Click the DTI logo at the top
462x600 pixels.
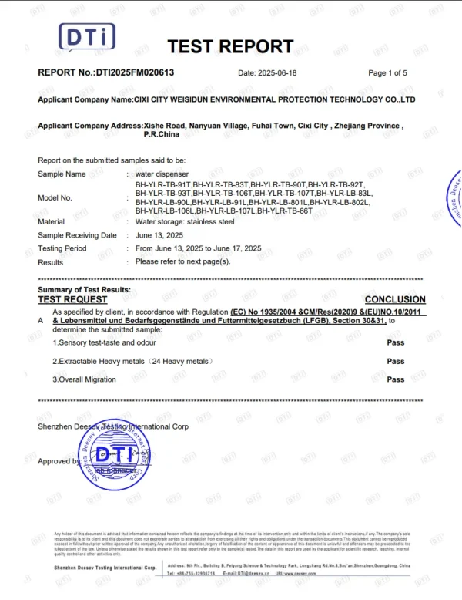[x=87, y=39]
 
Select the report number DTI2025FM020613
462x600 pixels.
[x=134, y=72]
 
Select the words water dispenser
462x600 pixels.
[x=162, y=174]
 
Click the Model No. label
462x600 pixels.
[x=55, y=197]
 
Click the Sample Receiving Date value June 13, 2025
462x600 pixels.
[x=159, y=235]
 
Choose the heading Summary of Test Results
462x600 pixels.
[x=84, y=289]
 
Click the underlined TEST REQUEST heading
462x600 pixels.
[x=72, y=299]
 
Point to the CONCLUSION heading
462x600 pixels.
[x=395, y=299]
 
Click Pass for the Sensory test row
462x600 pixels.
[x=396, y=342]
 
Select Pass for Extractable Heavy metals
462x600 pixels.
[x=396, y=361]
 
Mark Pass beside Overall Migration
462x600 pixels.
[x=396, y=379]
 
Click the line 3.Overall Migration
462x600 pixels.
[x=84, y=379]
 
